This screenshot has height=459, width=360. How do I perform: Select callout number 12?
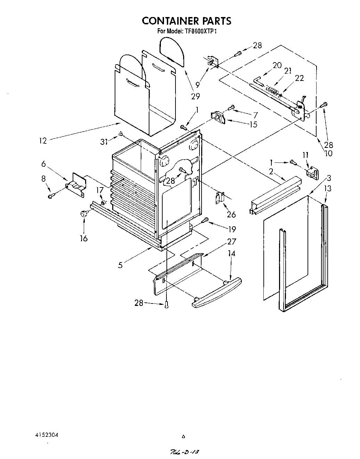[43, 141]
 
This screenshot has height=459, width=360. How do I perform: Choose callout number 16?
[83, 238]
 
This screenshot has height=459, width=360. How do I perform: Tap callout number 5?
[120, 265]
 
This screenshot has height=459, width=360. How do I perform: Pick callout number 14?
[231, 254]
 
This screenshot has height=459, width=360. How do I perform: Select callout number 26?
[231, 214]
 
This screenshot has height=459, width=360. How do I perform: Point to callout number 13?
[328, 189]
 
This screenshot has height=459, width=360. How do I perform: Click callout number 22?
[299, 78]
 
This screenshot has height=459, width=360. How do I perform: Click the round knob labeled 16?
[84, 214]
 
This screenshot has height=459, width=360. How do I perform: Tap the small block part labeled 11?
[312, 173]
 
